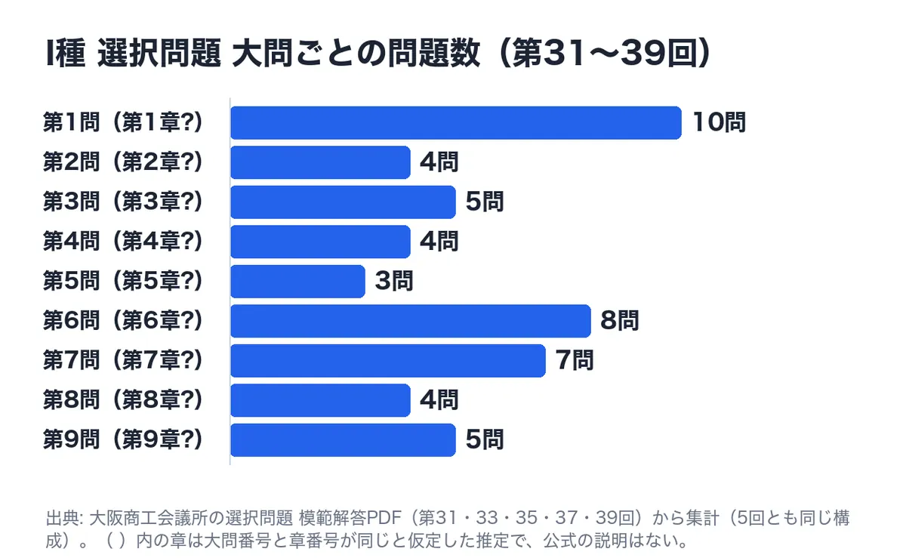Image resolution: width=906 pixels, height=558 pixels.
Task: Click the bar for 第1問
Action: pyautogui.click(x=456, y=122)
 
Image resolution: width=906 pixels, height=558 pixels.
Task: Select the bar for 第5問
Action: pyautogui.click(x=297, y=281)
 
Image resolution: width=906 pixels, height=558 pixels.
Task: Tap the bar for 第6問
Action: pyautogui.click(x=411, y=321)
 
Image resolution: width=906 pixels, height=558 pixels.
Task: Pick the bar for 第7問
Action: pyautogui.click(x=388, y=360)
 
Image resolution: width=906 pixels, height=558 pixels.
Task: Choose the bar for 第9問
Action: pyautogui.click(x=343, y=440)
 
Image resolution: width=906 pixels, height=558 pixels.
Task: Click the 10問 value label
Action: pyautogui.click(x=719, y=122)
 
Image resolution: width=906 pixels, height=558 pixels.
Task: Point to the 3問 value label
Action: pyautogui.click(x=394, y=281)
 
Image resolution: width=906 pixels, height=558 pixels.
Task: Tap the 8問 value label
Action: pyautogui.click(x=619, y=320)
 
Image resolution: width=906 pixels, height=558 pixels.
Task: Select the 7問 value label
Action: pyautogui.click(x=575, y=360)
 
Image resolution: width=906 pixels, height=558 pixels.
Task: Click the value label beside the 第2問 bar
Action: pyautogui.click(x=439, y=162)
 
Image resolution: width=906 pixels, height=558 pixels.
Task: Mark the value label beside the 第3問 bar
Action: pyautogui.click(x=485, y=202)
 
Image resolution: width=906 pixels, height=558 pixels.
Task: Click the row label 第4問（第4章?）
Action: pyautogui.click(x=123, y=241)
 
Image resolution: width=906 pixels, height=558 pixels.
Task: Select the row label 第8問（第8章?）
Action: pyautogui.click(x=123, y=399)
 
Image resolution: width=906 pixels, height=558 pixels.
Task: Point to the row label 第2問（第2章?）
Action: pyautogui.click(x=123, y=162)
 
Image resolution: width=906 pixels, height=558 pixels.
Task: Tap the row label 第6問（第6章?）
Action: pyautogui.click(x=123, y=320)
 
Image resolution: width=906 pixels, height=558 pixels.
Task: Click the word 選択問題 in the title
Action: pyautogui.click(x=159, y=53)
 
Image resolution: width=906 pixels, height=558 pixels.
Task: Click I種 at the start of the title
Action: pyautogui.click(x=66, y=53)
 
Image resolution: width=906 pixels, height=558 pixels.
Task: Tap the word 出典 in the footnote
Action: pyautogui.click(x=62, y=518)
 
